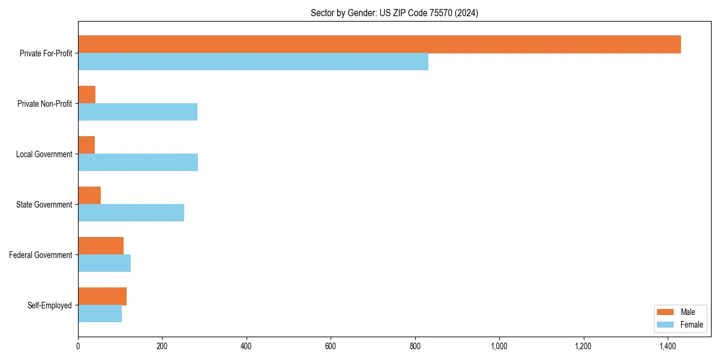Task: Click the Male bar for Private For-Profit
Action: coord(379,44)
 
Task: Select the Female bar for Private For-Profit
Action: coord(253,62)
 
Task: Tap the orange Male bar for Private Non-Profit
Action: coord(87,95)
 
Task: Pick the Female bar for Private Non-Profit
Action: coord(137,112)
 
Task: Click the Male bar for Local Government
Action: coord(86,145)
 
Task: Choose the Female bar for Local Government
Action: coord(138,163)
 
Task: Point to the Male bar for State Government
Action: coord(89,196)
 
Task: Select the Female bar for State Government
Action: coord(131,213)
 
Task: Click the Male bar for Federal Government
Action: coord(101,246)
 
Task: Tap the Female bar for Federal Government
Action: coord(104,263)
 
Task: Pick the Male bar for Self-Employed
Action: coord(102,296)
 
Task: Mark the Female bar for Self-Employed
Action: coord(100,314)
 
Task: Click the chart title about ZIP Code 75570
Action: coord(394,13)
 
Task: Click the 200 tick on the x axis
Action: coord(162,346)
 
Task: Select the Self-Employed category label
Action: coord(50,305)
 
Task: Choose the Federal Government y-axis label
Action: coord(41,255)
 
